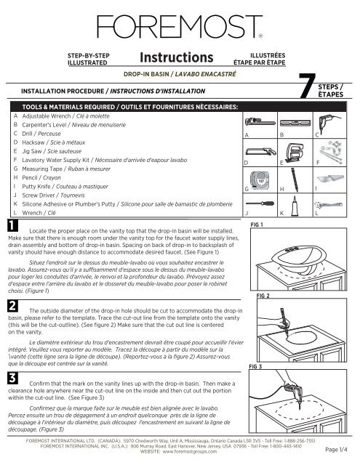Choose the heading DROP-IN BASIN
point(141,73)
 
